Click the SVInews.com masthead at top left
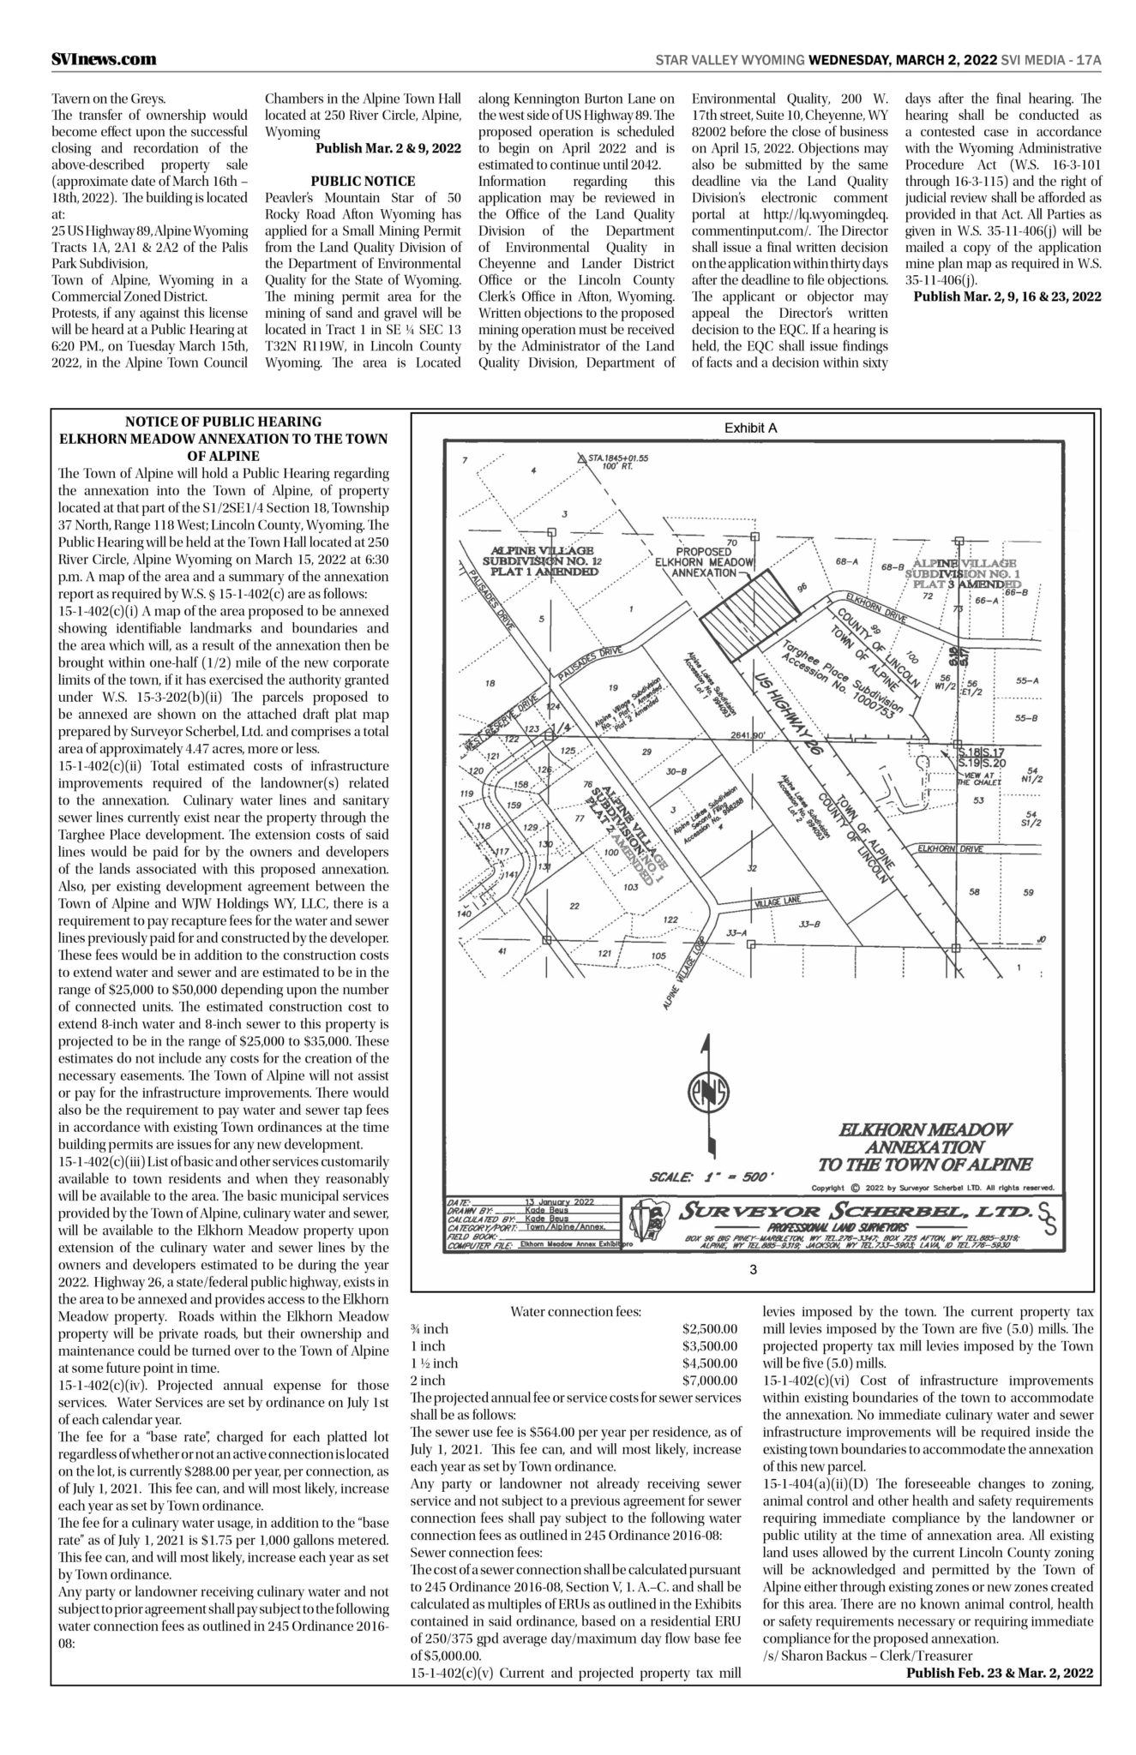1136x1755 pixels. (103, 59)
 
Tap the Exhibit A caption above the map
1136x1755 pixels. (750, 428)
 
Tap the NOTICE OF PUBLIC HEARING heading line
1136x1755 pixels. (223, 422)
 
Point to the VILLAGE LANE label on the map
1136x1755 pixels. (777, 901)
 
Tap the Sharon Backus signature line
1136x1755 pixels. (867, 1655)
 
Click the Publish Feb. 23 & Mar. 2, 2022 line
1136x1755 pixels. (1000, 1672)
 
